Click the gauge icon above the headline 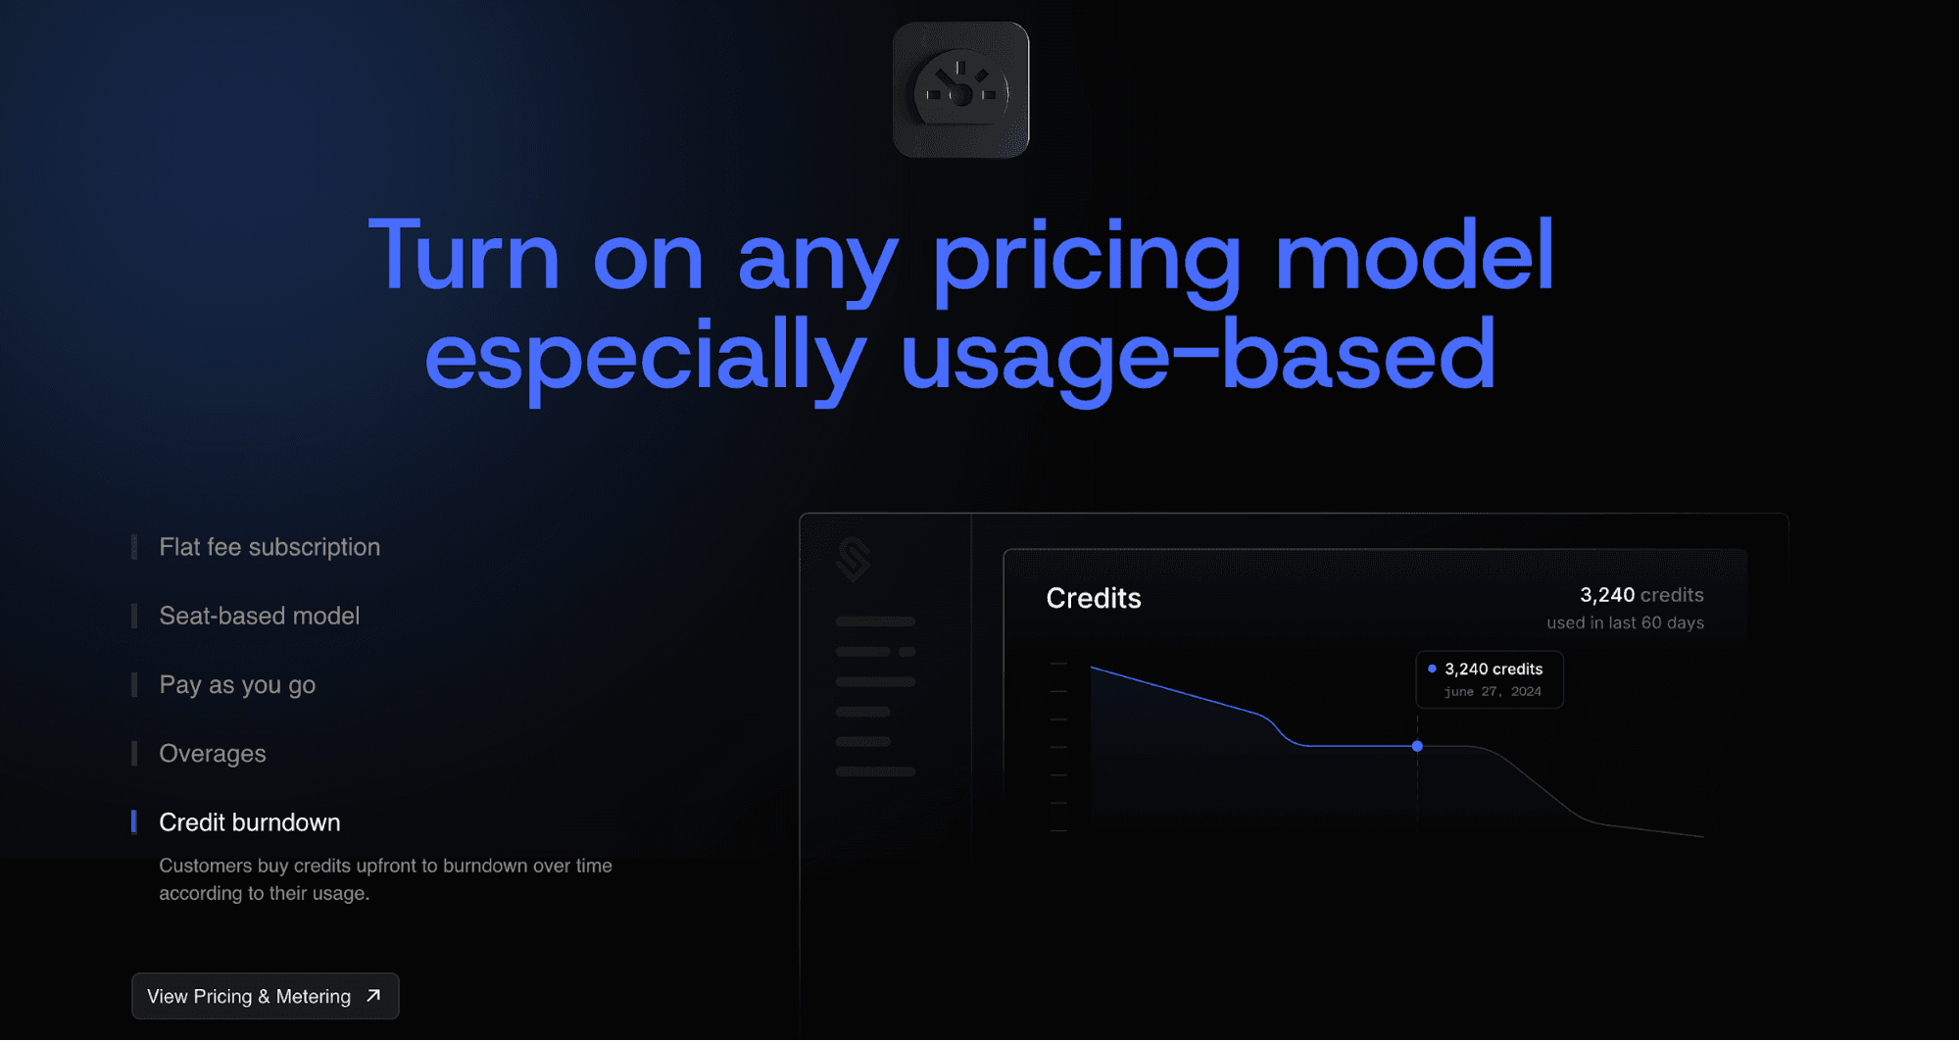960,90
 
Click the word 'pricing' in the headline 1087,260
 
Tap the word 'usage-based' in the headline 1198,358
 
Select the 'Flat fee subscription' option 269,547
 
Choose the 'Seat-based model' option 260,616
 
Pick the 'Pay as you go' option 237,685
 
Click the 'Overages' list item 213,754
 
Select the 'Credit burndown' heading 250,822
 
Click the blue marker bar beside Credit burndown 134,821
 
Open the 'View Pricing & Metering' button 266,996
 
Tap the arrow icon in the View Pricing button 373,996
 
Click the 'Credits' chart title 1094,598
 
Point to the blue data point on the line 1417,746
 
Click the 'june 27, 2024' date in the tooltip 1493,691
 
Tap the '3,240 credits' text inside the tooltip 1494,669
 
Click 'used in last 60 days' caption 1625,622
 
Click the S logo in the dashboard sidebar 855,560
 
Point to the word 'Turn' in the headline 464,254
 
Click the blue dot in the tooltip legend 1432,669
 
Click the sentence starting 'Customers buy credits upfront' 385,879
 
